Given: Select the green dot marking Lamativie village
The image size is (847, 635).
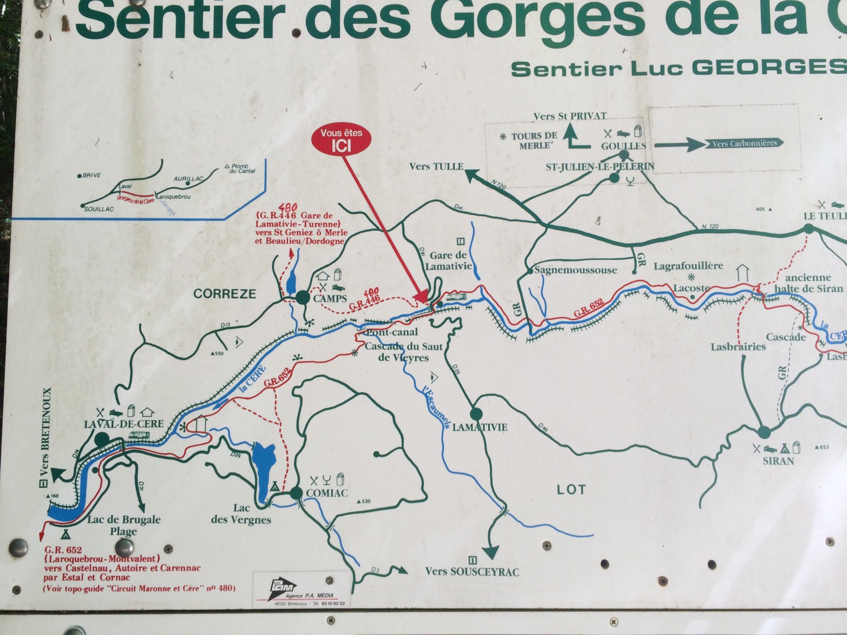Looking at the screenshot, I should click(475, 414).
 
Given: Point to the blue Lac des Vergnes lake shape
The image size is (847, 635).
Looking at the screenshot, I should click(263, 466).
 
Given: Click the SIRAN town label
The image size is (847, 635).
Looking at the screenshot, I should click(778, 461).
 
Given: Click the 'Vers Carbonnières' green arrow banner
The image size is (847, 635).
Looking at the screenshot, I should click(744, 143).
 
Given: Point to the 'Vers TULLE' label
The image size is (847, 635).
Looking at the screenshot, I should click(436, 167).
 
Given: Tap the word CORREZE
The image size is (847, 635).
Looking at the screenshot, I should click(224, 294).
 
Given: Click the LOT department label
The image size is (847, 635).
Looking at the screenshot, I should click(571, 489).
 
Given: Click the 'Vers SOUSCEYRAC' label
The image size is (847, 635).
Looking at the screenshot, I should click(472, 571).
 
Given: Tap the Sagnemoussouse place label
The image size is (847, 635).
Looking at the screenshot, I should click(575, 270).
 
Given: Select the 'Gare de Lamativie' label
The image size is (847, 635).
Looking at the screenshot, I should click(448, 261).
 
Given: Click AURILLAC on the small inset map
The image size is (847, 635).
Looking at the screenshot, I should click(188, 179).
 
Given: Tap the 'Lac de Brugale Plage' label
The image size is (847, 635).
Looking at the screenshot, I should click(124, 525).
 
